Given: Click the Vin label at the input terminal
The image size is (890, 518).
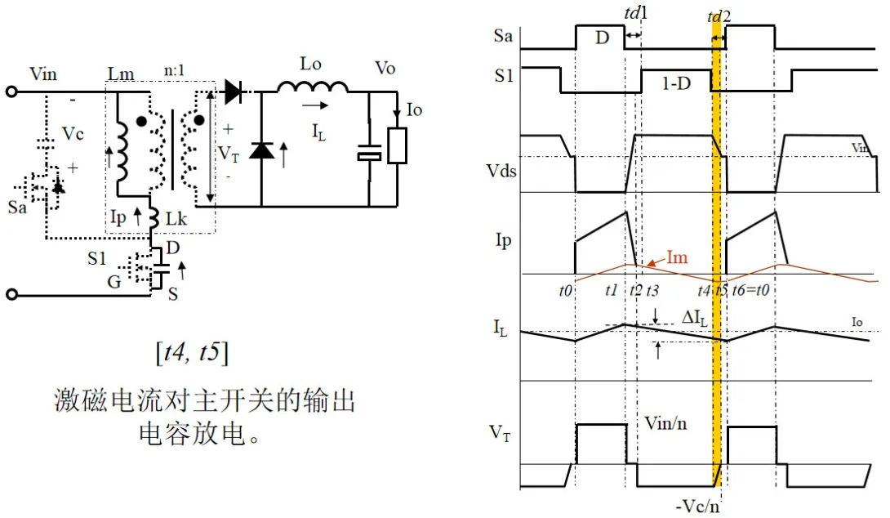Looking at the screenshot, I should pos(43,74).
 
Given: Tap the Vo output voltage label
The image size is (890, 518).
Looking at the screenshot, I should pos(384,68).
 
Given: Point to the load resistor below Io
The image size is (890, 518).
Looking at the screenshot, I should pos(397,145).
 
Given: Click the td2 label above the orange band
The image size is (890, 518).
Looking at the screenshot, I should pos(718,16).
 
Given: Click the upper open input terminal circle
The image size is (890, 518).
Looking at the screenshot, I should pos(11,92).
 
